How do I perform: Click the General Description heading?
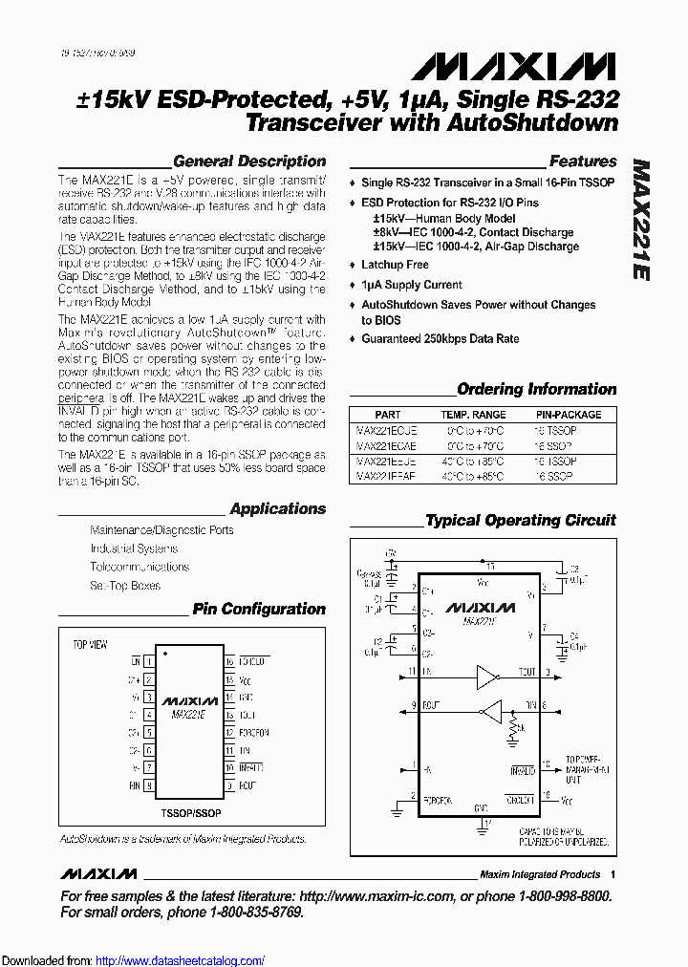(249, 161)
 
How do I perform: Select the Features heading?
(583, 161)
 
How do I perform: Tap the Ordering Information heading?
(537, 389)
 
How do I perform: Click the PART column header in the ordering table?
(388, 415)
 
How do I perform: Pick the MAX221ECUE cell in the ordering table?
(386, 430)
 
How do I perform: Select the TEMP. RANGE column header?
(473, 415)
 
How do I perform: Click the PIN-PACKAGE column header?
(569, 415)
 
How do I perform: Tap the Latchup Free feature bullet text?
(395, 265)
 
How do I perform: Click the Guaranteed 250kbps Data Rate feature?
(440, 338)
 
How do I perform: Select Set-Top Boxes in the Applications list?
(125, 585)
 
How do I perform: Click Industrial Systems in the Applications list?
(134, 548)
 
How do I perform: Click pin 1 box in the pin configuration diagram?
(148, 661)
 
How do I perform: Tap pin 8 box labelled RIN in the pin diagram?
(148, 785)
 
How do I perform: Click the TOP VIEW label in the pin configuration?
(91, 645)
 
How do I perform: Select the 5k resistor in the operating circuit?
(514, 730)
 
